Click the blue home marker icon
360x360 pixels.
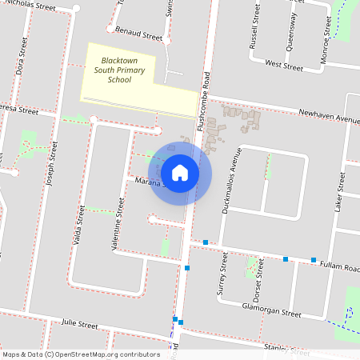[x=180, y=173]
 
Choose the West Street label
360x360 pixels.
[x=283, y=63]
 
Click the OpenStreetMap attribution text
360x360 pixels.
[x=80, y=354]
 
